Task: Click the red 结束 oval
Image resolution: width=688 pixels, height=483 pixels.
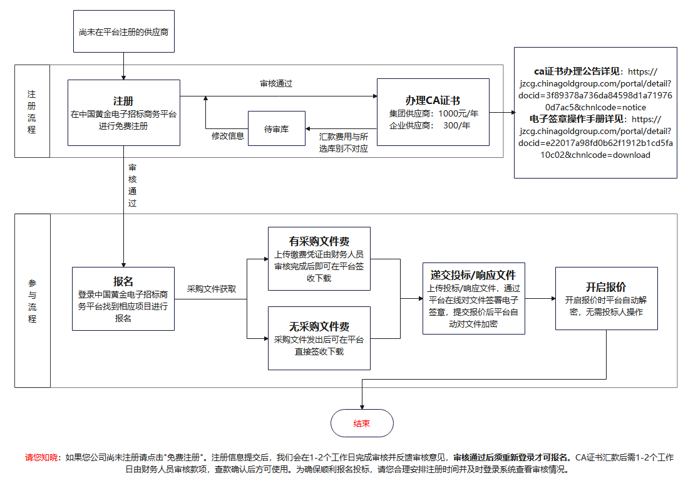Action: coord(362,423)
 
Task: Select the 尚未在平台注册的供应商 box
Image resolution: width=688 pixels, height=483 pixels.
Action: coord(123,31)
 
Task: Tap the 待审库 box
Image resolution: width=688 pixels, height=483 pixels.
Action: coord(276,128)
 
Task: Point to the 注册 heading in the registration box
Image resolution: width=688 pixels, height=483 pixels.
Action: coord(123,101)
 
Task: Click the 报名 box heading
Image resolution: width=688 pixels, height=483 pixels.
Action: coord(123,281)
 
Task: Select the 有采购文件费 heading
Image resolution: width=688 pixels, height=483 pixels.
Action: coord(319,241)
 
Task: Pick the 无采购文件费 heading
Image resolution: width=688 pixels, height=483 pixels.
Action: coord(319,326)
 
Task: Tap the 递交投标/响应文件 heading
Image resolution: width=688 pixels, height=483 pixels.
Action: coord(473,275)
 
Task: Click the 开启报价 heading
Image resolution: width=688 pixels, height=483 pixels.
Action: coord(606,286)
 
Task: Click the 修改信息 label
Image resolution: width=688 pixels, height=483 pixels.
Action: coord(227,136)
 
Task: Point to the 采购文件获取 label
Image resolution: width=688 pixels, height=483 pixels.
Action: coord(212,289)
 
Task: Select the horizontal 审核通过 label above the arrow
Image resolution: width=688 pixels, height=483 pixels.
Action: coord(276,83)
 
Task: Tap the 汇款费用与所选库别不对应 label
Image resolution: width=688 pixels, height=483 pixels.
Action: coord(344,142)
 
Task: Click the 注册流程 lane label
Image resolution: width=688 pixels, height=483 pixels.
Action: coord(32,112)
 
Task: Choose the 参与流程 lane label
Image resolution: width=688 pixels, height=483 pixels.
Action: coord(32,301)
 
